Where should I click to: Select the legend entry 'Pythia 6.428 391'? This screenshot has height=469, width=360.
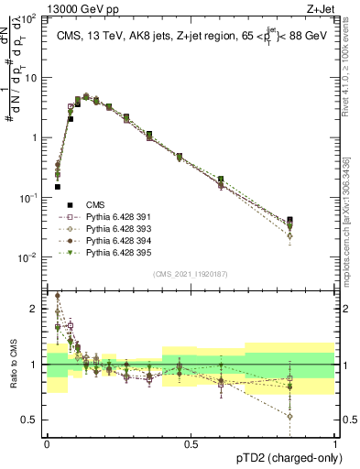point(114,216)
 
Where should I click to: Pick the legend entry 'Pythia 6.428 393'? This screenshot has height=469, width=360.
point(114,228)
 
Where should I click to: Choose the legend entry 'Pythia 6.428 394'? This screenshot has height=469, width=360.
point(114,240)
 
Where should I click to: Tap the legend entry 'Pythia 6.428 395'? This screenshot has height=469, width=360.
point(114,252)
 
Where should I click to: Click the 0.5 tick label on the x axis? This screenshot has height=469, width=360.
point(191,442)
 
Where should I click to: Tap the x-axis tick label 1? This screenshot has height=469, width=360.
point(335,442)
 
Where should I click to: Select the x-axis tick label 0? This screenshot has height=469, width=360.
point(47,442)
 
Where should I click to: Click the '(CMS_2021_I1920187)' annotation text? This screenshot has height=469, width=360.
point(191,274)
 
